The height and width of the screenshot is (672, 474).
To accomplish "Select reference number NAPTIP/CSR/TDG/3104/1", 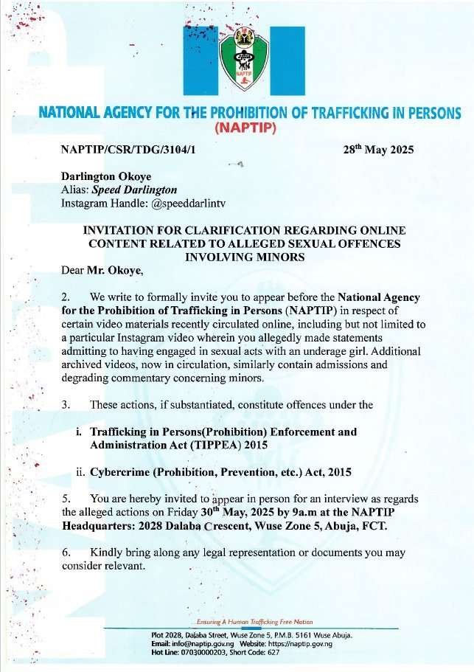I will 132,149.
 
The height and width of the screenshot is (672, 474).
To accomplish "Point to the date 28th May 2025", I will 379,149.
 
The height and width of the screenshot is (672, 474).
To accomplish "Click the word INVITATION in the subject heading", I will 123,231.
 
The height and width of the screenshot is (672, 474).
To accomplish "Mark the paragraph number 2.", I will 66,297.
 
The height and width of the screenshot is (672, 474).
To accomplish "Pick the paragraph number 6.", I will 66,553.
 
